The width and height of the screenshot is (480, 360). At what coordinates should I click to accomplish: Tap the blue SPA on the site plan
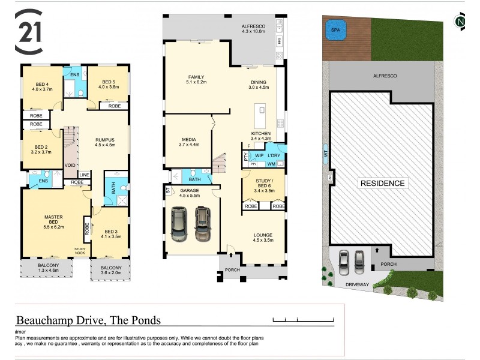pos(332,28)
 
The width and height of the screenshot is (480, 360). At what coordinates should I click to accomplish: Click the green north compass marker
pos(460,22)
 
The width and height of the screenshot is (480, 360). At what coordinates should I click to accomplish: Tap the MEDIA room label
pos(188,141)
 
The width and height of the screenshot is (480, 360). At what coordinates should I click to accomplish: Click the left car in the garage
pos(179,223)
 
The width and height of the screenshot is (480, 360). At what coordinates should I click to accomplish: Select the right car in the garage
pos(203,223)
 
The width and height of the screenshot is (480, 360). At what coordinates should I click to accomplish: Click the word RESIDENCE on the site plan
pos(382,183)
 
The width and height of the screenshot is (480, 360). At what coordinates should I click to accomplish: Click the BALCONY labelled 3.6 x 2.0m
pos(111,271)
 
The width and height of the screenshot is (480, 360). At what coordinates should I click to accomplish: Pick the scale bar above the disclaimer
pos(302,319)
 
